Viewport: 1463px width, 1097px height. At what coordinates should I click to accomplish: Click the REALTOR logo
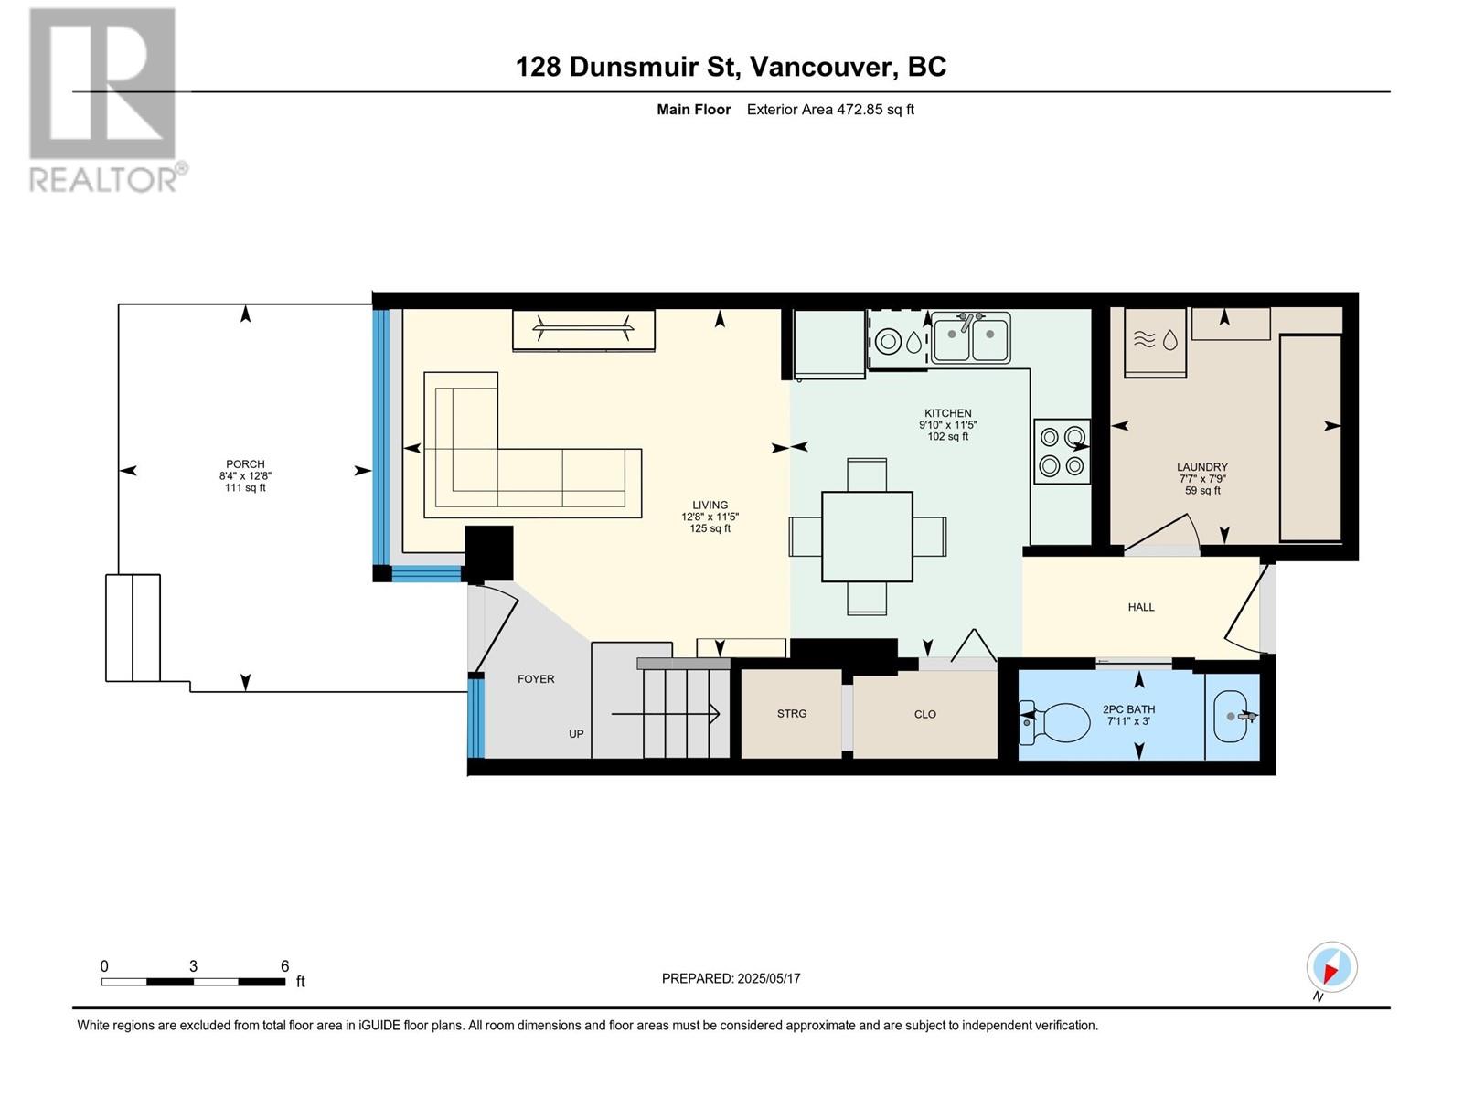(x=107, y=100)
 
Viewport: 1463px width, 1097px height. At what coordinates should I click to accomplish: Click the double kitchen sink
(x=970, y=337)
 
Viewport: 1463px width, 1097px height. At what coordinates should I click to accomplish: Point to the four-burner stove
(x=1062, y=451)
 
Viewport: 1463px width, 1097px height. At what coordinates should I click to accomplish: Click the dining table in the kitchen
(x=867, y=537)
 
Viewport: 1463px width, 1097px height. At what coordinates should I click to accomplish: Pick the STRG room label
(x=792, y=713)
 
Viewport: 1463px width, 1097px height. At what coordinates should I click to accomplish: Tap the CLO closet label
(x=925, y=714)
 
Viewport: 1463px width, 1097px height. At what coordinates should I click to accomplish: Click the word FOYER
(x=536, y=678)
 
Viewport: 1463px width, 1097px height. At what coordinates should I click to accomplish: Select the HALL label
(x=1141, y=607)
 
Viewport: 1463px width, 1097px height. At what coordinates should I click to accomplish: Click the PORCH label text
(x=245, y=463)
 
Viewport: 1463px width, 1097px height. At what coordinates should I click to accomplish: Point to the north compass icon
(x=1331, y=967)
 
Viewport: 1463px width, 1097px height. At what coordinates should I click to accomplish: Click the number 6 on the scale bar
(x=284, y=965)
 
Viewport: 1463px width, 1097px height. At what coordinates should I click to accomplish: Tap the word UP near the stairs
(x=576, y=733)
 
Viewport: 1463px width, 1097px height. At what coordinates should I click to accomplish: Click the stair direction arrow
(x=665, y=714)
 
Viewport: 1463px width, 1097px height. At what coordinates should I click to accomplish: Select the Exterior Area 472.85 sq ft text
(x=830, y=110)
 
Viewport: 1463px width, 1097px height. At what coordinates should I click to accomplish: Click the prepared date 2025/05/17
(x=768, y=978)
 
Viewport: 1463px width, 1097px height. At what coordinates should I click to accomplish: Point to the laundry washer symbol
(x=1155, y=342)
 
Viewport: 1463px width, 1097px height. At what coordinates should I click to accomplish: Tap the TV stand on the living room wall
(x=584, y=330)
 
